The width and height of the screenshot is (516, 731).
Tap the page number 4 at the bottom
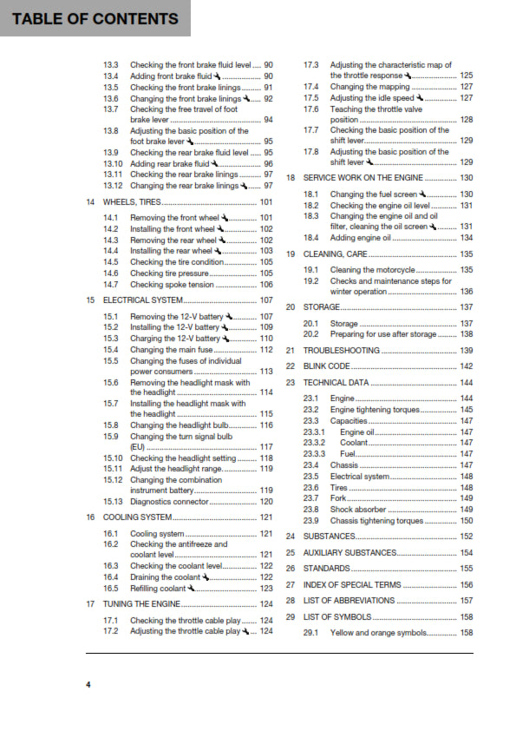(x=88, y=685)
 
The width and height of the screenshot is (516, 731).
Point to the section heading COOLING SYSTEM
(x=138, y=517)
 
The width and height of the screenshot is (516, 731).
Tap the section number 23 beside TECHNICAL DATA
(x=291, y=382)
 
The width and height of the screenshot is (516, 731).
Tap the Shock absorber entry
(x=357, y=509)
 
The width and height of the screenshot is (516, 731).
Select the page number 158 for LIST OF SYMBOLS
(x=466, y=616)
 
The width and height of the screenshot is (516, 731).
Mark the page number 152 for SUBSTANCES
(x=466, y=536)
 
